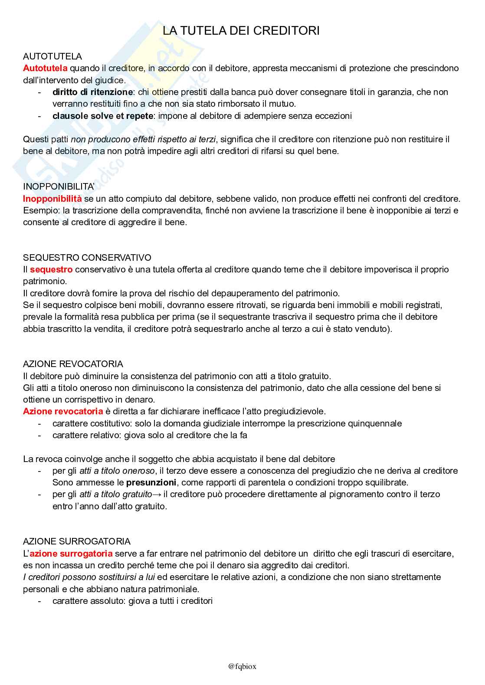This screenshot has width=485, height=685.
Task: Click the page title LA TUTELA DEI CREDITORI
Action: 241,31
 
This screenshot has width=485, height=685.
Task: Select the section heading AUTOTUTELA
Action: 52,56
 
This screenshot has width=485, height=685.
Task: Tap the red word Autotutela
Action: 45,68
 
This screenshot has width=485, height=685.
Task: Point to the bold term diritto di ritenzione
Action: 92,92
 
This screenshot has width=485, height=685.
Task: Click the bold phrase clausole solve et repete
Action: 102,116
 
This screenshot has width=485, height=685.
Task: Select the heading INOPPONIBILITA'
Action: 59,187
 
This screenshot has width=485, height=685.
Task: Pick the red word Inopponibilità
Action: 52,199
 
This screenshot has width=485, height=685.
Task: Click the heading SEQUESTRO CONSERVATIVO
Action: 87,258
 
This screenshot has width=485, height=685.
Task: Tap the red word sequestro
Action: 51,269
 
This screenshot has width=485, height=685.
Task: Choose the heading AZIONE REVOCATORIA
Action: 73,364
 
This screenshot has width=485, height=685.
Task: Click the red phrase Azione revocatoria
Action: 63,411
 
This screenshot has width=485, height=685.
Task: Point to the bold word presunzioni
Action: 151,482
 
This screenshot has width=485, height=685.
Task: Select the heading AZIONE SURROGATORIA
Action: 77,541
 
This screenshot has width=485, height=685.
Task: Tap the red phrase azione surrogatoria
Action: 71,554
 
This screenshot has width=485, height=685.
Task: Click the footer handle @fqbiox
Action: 242,666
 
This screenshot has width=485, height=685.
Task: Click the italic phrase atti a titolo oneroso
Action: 117,471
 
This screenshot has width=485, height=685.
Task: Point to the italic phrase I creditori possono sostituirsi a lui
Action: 89,577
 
